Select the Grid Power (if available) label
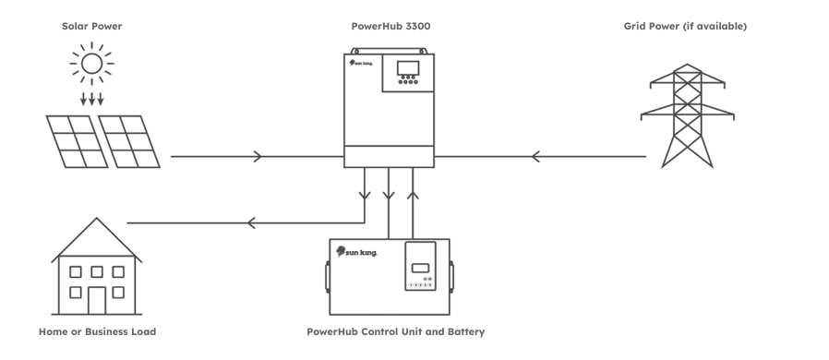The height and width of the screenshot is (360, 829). pyautogui.click(x=685, y=26)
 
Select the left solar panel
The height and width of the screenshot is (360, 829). pyautogui.click(x=74, y=140)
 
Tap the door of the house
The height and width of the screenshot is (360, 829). pyautogui.click(x=97, y=298)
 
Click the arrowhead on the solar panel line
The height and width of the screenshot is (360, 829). pyautogui.click(x=257, y=157)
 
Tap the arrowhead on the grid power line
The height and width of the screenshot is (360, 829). pyautogui.click(x=535, y=157)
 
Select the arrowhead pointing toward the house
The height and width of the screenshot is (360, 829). pyautogui.click(x=249, y=222)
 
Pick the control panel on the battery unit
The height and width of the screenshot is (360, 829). pyautogui.click(x=421, y=266)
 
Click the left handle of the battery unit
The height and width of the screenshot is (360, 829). pyautogui.click(x=326, y=275)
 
